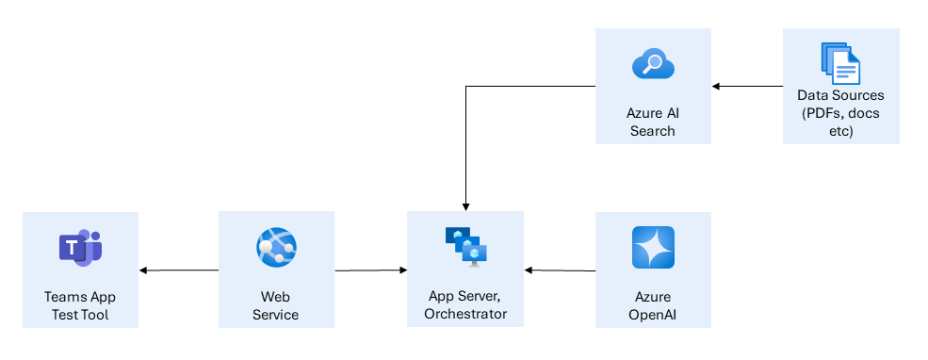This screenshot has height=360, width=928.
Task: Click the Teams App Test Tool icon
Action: (x=80, y=247)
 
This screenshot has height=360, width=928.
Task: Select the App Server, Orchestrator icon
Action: (x=464, y=247)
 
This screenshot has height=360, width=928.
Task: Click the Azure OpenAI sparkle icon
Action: (x=653, y=248)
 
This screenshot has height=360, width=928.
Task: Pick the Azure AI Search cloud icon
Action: (x=653, y=64)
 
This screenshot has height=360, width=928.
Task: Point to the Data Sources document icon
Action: (x=840, y=63)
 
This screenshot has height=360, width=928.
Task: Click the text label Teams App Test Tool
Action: (x=80, y=305)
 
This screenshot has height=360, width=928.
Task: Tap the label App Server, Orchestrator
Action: (x=464, y=305)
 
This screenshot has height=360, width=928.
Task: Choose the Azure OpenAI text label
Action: (x=653, y=305)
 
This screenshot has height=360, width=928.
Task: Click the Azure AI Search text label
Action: (x=653, y=122)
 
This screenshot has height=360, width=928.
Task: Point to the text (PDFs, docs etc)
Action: (x=840, y=122)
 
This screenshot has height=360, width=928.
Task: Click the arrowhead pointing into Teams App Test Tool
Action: (x=143, y=270)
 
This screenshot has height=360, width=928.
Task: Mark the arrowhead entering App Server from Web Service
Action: (x=402, y=270)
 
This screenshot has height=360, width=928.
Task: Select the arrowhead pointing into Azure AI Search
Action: (x=716, y=87)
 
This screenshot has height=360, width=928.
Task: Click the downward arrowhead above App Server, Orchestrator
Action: (x=464, y=205)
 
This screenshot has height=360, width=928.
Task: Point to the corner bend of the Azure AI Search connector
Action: (x=464, y=87)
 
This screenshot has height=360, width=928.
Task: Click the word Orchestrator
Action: (x=465, y=314)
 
